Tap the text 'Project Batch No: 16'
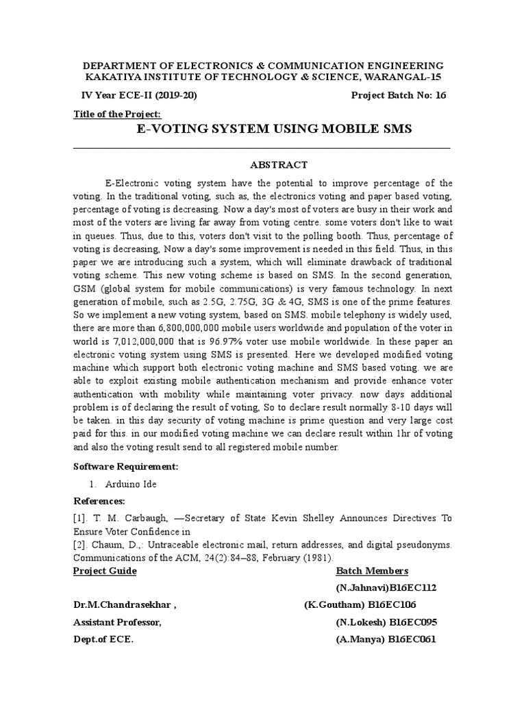[x=398, y=96]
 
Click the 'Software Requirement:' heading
[x=125, y=466]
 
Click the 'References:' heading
[x=100, y=500]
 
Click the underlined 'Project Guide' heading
[x=105, y=571]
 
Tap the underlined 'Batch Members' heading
[x=372, y=571]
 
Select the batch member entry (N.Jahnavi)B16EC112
[x=386, y=587]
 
